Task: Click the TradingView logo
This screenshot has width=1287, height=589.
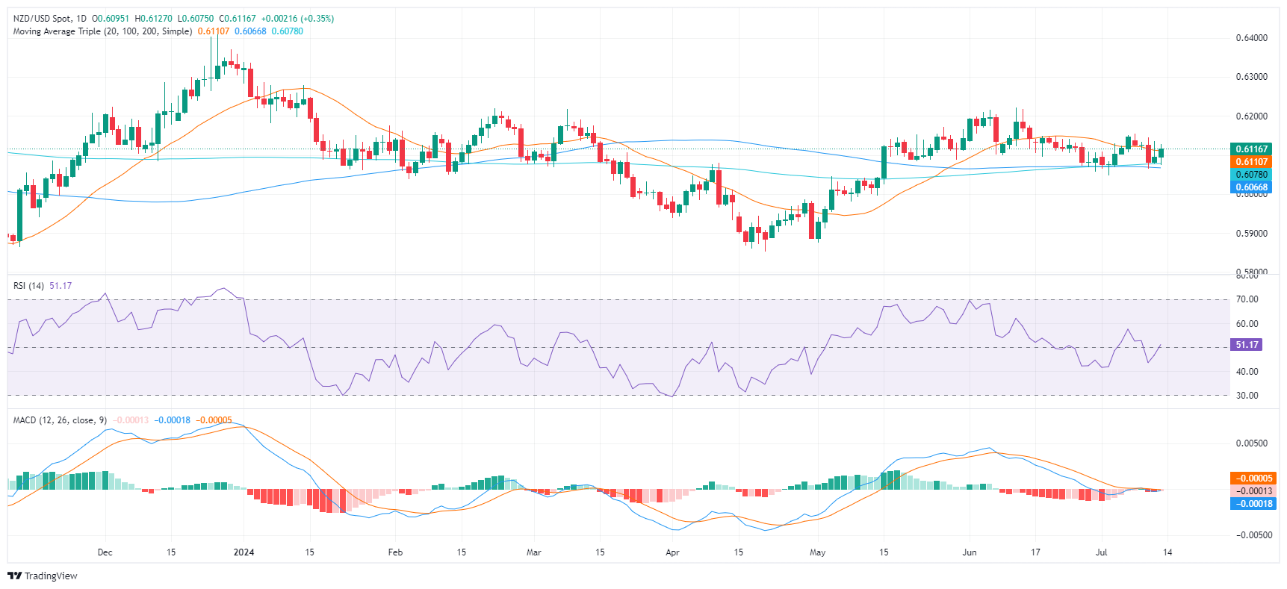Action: (43, 576)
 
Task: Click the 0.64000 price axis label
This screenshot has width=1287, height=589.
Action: (1252, 38)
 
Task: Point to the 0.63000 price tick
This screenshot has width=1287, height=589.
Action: (1252, 77)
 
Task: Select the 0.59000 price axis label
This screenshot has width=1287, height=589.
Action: (1252, 234)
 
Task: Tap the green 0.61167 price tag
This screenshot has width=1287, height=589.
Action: (1251, 149)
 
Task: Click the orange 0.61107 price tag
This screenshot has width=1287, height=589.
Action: (1251, 162)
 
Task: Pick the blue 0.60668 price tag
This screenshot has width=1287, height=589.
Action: (1251, 187)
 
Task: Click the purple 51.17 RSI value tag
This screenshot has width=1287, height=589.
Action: (1247, 345)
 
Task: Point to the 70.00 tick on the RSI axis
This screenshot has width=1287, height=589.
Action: (1247, 299)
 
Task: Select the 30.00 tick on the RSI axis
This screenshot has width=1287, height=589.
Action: (1247, 396)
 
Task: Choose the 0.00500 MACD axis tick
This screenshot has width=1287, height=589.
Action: (1252, 443)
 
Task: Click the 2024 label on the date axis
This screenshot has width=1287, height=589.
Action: (244, 552)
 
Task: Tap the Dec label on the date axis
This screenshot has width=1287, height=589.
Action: (105, 552)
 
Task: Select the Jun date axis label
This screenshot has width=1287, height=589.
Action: (970, 552)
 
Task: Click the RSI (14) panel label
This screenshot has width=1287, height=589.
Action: (28, 286)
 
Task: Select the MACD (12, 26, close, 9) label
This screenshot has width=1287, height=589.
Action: (60, 420)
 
